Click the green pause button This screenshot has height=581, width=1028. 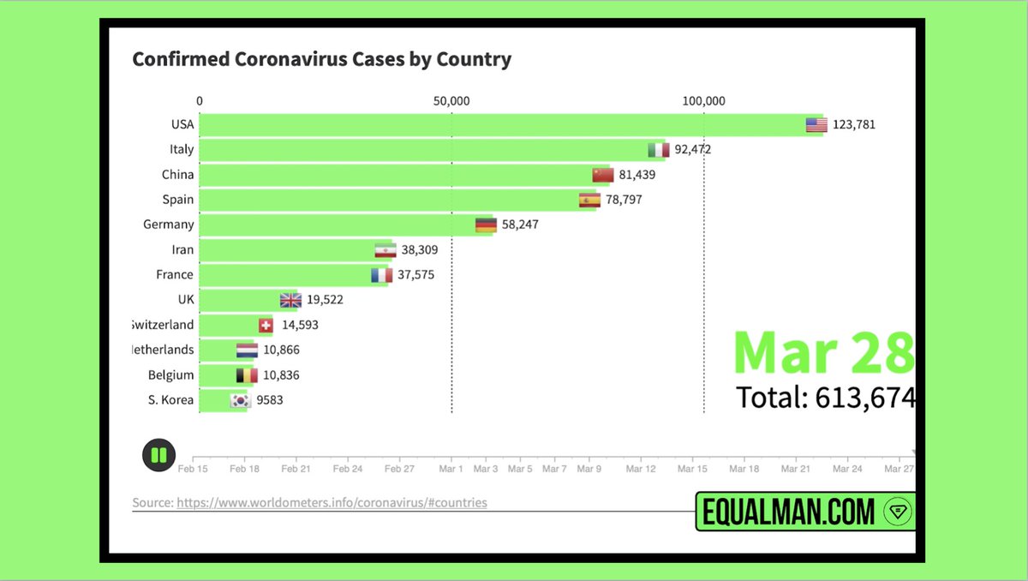point(158,455)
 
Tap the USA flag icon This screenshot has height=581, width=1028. point(816,125)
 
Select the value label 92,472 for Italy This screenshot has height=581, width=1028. point(692,149)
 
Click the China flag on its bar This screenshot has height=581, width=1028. point(603,175)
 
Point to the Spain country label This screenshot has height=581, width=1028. point(178,200)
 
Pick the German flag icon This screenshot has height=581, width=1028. point(486,225)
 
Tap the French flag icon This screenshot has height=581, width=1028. point(381,275)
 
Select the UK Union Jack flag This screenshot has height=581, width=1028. point(291,300)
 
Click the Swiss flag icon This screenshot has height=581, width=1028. point(266,326)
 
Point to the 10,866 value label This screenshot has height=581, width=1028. point(282,350)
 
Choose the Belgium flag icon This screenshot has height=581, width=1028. point(247,375)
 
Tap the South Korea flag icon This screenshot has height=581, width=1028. point(240,400)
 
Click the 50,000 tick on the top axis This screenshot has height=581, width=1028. point(451,101)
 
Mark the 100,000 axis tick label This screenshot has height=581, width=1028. point(703,101)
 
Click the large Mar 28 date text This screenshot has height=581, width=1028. point(823,352)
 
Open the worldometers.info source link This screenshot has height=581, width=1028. point(332,503)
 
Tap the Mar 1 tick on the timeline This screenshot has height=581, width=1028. point(451,470)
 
